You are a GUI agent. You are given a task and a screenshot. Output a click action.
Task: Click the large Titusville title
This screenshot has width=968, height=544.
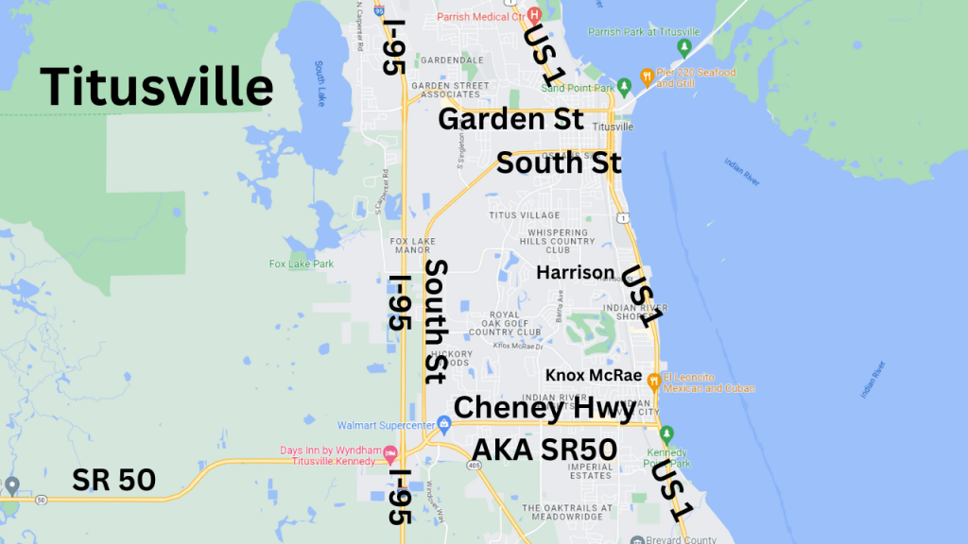pyautogui.click(x=157, y=87)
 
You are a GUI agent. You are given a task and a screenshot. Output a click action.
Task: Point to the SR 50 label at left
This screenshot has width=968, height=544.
pyautogui.click(x=113, y=480)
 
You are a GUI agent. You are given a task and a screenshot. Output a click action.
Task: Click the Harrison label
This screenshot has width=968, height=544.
pyautogui.click(x=575, y=272)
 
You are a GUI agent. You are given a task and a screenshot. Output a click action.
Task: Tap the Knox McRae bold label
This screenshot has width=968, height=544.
pyautogui.click(x=594, y=375)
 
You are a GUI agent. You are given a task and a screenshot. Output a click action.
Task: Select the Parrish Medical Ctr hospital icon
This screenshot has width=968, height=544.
pyautogui.click(x=533, y=15)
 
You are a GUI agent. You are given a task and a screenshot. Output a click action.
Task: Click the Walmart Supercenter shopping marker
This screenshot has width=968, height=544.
pyautogui.click(x=443, y=422)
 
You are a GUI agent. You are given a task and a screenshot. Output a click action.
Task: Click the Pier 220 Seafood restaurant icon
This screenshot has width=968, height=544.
pyautogui.click(x=647, y=76)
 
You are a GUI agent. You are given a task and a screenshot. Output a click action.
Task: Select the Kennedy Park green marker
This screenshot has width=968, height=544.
pyautogui.click(x=666, y=435)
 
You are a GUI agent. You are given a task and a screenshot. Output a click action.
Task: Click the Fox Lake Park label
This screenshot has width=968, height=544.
pyautogui.click(x=301, y=263)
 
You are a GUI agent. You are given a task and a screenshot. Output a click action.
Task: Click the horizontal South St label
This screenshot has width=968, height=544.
pyautogui.click(x=559, y=162)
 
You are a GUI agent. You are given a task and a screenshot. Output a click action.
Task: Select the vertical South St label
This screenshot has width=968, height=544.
pyautogui.click(x=436, y=321)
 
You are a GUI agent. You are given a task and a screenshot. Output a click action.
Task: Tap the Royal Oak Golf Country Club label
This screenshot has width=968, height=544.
pyautogui.click(x=504, y=323)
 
